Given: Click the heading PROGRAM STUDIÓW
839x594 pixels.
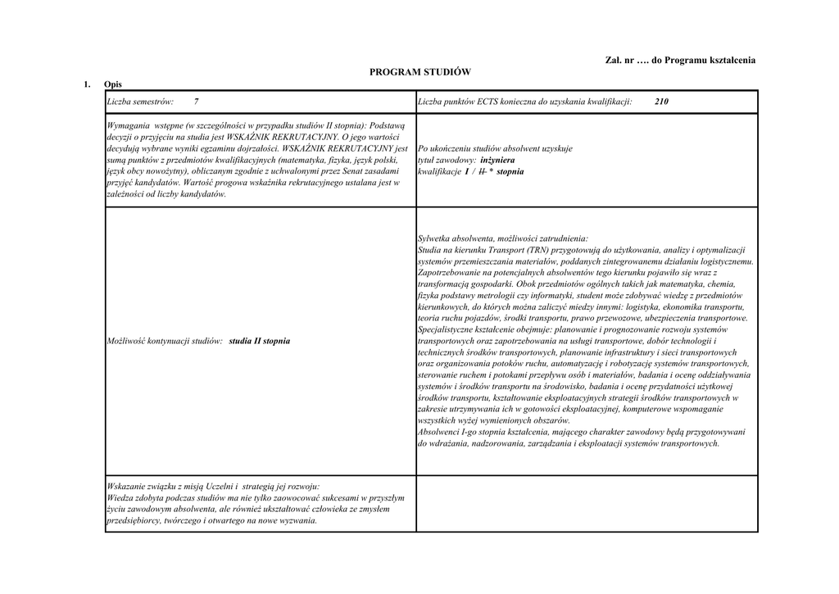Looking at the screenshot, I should [420, 72].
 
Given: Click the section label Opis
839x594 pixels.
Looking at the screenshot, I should [112, 84].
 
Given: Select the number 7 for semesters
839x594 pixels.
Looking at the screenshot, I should [197, 102].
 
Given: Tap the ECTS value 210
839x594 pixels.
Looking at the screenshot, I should [662, 102].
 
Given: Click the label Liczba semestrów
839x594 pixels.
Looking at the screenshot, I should [140, 102].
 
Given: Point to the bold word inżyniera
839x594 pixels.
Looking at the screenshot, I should [497, 161].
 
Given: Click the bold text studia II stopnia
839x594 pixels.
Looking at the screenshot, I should [260, 340].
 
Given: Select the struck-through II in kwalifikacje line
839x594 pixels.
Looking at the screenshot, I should [481, 172].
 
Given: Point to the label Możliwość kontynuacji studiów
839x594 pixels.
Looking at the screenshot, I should [166, 340].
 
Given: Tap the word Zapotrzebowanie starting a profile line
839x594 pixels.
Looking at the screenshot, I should [452, 272].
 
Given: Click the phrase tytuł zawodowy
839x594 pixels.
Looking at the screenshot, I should [443, 161].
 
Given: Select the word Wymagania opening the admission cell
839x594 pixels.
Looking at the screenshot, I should [129, 125].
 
